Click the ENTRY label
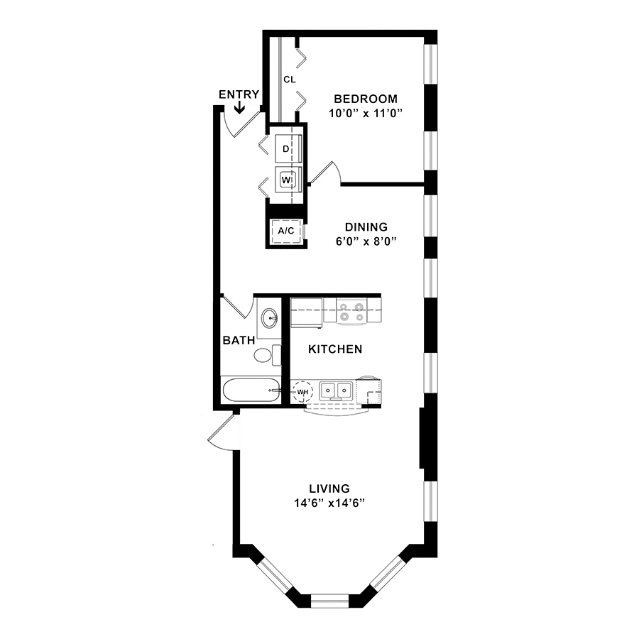click(239, 94)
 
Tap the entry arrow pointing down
click(239, 107)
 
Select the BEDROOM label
click(366, 99)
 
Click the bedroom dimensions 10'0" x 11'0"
click(366, 114)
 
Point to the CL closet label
click(290, 80)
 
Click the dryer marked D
click(288, 149)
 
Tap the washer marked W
click(288, 180)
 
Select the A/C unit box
click(286, 231)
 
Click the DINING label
click(366, 227)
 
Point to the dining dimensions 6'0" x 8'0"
click(366, 241)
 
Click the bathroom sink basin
click(269, 318)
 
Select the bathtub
click(251, 390)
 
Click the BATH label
click(239, 340)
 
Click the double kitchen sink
click(335, 390)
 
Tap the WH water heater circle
click(302, 392)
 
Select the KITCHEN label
click(335, 349)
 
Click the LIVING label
click(329, 488)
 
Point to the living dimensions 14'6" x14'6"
click(329, 503)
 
